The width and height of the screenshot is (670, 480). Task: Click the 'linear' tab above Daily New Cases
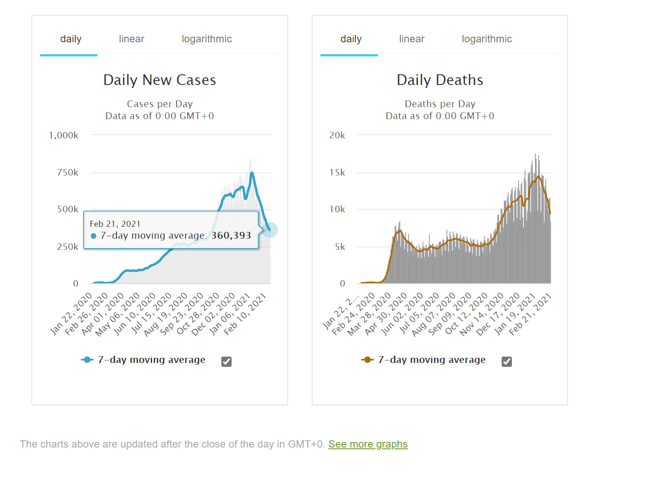[131, 39]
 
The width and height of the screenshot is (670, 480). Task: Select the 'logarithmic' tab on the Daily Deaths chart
[486, 39]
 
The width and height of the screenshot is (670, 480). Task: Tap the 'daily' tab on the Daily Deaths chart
[351, 39]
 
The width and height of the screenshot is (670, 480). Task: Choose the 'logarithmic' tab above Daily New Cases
[206, 39]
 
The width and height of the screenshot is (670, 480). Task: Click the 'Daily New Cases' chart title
[159, 80]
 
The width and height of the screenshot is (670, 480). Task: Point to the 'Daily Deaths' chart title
[440, 80]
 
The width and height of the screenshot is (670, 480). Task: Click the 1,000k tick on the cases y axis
[64, 135]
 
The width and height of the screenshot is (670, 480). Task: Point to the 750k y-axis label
[68, 173]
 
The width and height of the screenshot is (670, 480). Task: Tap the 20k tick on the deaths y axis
[337, 135]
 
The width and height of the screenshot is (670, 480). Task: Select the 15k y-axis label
[337, 173]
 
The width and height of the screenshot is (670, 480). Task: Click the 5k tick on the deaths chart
[340, 247]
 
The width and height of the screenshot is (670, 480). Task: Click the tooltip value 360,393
[231, 236]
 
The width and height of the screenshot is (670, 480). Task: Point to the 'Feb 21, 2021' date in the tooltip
[115, 224]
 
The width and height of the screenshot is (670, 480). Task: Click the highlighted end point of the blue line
[270, 230]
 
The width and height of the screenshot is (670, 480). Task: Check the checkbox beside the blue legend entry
[226, 362]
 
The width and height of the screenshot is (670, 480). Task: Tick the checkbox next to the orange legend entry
[506, 362]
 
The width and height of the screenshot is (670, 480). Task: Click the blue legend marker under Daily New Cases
[87, 360]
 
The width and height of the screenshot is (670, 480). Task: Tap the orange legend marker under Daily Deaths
[367, 360]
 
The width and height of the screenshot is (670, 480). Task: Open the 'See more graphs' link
[367, 444]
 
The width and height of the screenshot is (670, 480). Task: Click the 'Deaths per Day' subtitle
[440, 104]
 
